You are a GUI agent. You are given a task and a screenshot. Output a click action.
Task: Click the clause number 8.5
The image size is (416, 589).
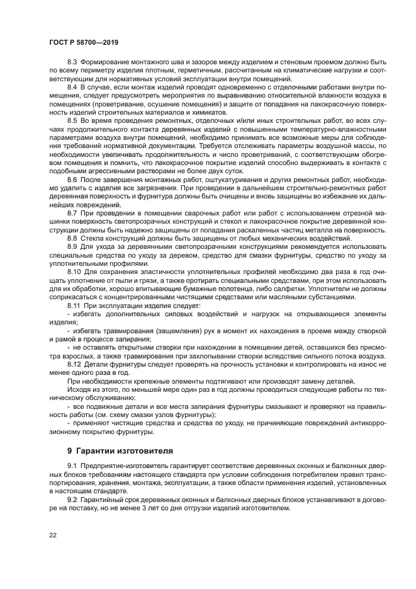click(72, 119)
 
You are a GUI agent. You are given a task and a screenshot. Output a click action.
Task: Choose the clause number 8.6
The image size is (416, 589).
click(72, 180)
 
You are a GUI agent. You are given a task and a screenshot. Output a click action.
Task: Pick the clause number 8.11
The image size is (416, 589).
click(74, 305)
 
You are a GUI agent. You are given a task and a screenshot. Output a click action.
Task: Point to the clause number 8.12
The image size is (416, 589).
click(74, 364)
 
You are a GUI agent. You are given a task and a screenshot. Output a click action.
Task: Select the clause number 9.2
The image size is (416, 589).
click(72, 499)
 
